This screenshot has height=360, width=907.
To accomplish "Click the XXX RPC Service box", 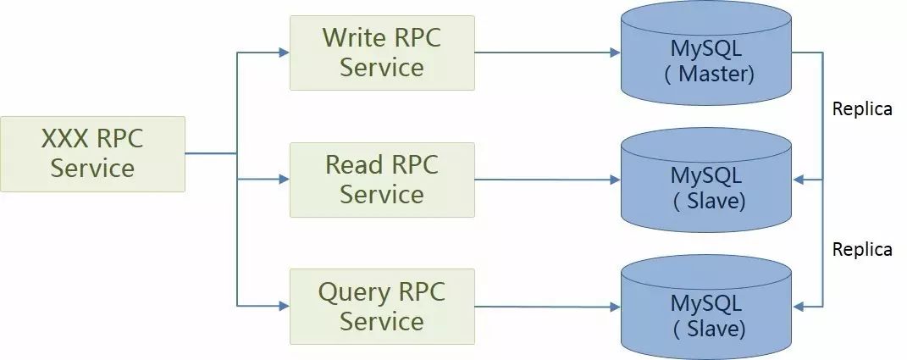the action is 92,154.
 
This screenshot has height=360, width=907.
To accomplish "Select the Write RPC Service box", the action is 382,53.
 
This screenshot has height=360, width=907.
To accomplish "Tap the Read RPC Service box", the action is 382,180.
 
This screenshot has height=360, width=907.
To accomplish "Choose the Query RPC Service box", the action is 382,306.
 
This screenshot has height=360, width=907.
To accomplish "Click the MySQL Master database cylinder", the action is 706,53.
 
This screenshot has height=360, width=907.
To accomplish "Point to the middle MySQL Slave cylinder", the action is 706,180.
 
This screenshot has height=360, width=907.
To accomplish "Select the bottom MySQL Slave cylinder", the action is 706,307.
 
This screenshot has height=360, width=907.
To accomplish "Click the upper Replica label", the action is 862,108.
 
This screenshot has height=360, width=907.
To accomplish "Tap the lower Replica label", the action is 862,249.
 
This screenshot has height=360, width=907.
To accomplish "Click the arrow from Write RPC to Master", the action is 547,53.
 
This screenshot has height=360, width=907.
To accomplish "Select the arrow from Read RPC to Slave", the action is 547,180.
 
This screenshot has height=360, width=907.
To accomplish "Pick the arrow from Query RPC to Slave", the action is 547,307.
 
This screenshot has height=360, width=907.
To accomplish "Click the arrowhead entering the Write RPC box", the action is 284,53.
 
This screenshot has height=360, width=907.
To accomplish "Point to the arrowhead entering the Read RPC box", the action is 284,180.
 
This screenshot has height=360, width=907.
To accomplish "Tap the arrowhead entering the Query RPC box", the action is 284,306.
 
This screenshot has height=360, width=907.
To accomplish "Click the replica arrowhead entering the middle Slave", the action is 799,180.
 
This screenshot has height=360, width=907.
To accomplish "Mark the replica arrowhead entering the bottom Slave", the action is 799,307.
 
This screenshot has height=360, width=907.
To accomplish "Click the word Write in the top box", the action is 354,37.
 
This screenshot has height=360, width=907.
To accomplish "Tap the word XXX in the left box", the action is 64,139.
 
